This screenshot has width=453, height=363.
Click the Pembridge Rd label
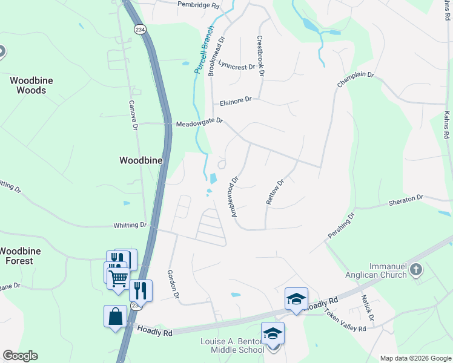[x=197, y=5]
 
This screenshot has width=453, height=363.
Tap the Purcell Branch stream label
[x=204, y=50]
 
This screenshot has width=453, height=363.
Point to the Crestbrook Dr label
[x=260, y=56]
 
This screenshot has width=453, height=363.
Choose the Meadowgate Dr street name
[x=199, y=123]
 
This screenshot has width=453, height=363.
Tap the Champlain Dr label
[x=356, y=81]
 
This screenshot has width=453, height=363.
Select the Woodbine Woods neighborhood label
[x=27, y=85]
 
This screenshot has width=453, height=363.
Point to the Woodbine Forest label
[x=16, y=256]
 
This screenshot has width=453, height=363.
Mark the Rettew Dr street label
[x=274, y=192]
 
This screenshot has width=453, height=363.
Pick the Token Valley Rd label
[x=345, y=321]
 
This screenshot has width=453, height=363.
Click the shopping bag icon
[x=115, y=316]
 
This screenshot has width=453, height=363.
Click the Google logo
[x=19, y=356]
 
